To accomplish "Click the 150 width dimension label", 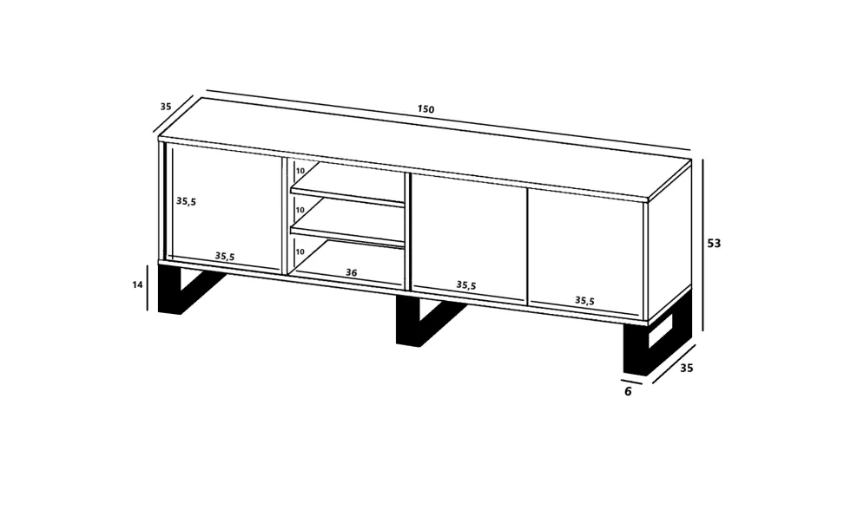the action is [425, 109].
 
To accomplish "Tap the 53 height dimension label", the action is [714, 243].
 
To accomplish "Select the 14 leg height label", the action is [137, 284].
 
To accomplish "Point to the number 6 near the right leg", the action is [628, 391].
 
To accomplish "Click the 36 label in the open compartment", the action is [351, 272].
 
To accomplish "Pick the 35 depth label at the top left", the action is [165, 107].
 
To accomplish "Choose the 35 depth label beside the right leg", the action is [686, 368].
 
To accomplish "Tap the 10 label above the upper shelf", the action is [300, 171].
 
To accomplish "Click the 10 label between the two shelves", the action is [300, 210].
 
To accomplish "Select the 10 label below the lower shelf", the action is [300, 251].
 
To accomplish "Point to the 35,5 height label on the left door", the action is [186, 201].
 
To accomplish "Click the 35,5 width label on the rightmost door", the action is [584, 300].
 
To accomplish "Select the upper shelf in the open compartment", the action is [347, 195].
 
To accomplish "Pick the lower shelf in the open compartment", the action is [347, 237].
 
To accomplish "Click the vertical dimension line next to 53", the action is [702, 245].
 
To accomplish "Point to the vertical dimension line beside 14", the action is [147, 287].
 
